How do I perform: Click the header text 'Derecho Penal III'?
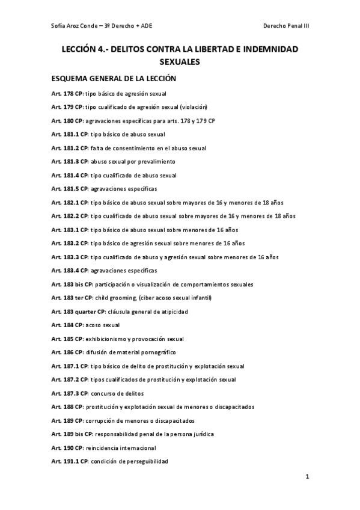pyautogui.click(x=286, y=26)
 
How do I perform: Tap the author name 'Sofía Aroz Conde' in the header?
pyautogui.click(x=75, y=26)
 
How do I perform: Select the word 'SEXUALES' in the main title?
pyautogui.click(x=180, y=61)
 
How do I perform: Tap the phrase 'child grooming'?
pyautogui.click(x=114, y=298)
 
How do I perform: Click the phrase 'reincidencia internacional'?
pyautogui.click(x=123, y=447)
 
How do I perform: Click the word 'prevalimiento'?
pyautogui.click(x=156, y=162)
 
